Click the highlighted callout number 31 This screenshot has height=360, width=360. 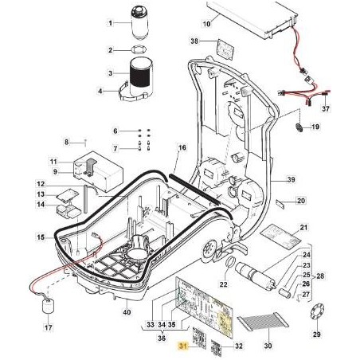(x=183, y=346)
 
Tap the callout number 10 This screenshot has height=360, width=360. (x=206, y=24)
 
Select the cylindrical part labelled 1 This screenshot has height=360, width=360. (x=139, y=22)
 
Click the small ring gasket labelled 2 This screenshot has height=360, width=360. (x=139, y=49)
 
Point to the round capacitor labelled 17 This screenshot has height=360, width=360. (x=48, y=307)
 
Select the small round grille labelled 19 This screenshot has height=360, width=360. (x=299, y=127)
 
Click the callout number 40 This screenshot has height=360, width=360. (x=127, y=311)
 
